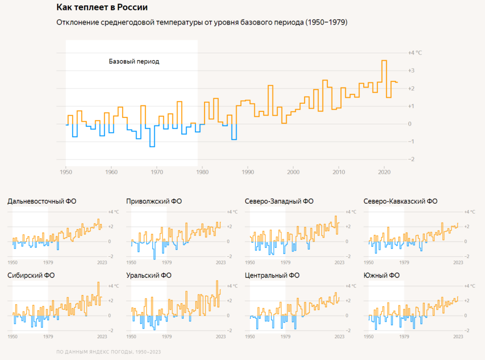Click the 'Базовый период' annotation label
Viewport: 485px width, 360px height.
point(134,62)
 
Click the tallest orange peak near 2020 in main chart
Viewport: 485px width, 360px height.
point(384,61)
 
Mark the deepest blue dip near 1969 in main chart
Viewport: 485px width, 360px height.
point(152,146)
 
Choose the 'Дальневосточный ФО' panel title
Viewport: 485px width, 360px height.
point(42,201)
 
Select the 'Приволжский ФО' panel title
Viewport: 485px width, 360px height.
point(154,201)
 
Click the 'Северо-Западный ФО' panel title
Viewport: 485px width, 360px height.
point(279,201)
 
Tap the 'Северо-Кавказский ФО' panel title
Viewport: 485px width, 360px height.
point(401,201)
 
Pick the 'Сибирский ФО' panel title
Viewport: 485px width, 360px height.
point(31,275)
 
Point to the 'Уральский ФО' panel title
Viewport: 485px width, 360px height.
point(149,275)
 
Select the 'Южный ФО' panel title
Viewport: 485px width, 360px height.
point(382,275)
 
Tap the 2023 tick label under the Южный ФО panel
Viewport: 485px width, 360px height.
point(458,336)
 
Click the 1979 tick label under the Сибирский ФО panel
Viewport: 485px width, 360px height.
point(48,336)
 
